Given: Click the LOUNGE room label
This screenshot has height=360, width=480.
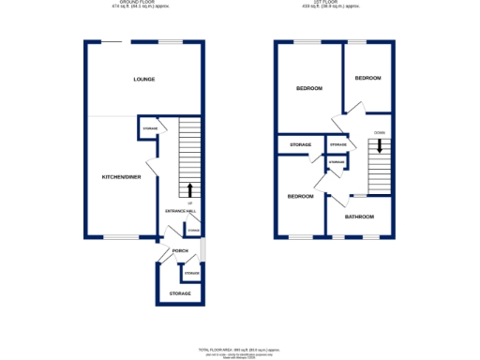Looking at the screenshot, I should pyautogui.click(x=143, y=79).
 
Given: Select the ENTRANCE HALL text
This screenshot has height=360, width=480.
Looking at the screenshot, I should pyautogui.click(x=179, y=211).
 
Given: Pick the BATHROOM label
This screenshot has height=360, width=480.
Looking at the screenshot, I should pyautogui.click(x=358, y=217).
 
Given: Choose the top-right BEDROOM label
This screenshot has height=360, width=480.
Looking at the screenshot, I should pyautogui.click(x=367, y=78).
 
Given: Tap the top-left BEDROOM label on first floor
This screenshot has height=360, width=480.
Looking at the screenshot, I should pyautogui.click(x=308, y=88).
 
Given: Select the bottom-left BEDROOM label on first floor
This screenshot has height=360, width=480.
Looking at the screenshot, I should pyautogui.click(x=300, y=197).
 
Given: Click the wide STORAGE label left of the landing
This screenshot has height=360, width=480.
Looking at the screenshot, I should pyautogui.click(x=300, y=144).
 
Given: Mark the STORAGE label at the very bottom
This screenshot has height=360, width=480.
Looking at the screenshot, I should pyautogui.click(x=179, y=293).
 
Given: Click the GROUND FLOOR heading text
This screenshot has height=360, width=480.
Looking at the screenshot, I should pyautogui.click(x=143, y=4).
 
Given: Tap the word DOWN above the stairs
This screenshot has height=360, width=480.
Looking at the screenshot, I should pyautogui.click(x=379, y=133).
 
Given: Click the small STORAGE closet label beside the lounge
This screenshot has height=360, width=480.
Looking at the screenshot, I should pyautogui.click(x=149, y=128).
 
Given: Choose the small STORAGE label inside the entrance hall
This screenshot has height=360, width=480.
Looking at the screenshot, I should pyautogui.click(x=194, y=230).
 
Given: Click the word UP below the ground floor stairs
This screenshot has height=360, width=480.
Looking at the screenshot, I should pyautogui.click(x=191, y=202).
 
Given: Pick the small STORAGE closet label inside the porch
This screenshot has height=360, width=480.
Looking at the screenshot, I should pyautogui.click(x=191, y=273).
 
